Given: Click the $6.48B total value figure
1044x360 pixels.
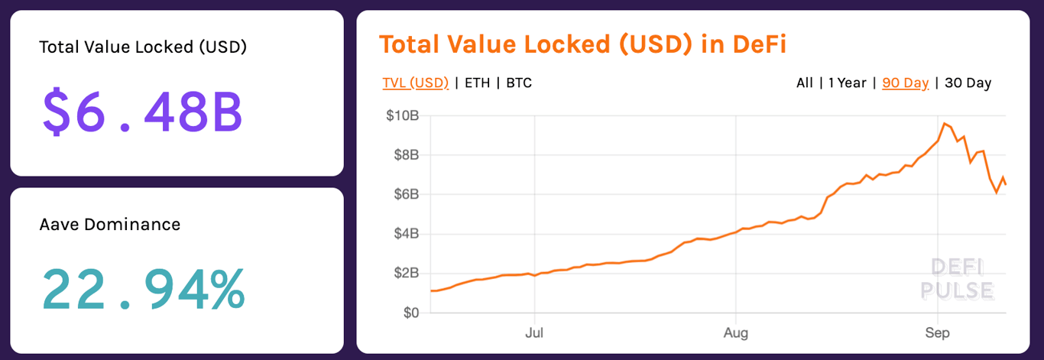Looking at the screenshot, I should click(x=142, y=112).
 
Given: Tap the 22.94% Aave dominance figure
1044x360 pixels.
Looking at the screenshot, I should click(x=143, y=288).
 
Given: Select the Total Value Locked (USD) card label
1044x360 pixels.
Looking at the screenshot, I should click(x=143, y=47).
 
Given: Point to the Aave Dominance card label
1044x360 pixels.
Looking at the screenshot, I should click(x=110, y=225).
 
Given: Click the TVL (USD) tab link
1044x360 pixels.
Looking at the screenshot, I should click(x=416, y=83).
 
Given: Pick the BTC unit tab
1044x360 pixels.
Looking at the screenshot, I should click(x=519, y=83).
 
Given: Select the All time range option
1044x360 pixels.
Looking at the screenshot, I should click(x=805, y=83).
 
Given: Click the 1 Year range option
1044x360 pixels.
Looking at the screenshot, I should click(x=848, y=83).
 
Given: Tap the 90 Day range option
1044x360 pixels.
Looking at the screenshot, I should click(x=905, y=83).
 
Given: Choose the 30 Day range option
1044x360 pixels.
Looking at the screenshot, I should click(x=968, y=83).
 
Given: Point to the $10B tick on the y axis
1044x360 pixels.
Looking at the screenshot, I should click(x=402, y=116).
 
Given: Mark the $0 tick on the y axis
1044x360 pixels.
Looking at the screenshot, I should click(x=411, y=313).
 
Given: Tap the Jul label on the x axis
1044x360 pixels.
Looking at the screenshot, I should click(x=534, y=333).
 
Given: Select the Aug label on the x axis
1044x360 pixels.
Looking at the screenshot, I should click(x=735, y=333).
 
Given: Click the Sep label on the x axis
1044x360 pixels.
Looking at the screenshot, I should click(x=937, y=333).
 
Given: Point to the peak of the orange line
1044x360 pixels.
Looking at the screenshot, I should click(x=945, y=123).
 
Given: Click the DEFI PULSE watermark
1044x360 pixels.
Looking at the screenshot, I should click(x=957, y=279).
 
